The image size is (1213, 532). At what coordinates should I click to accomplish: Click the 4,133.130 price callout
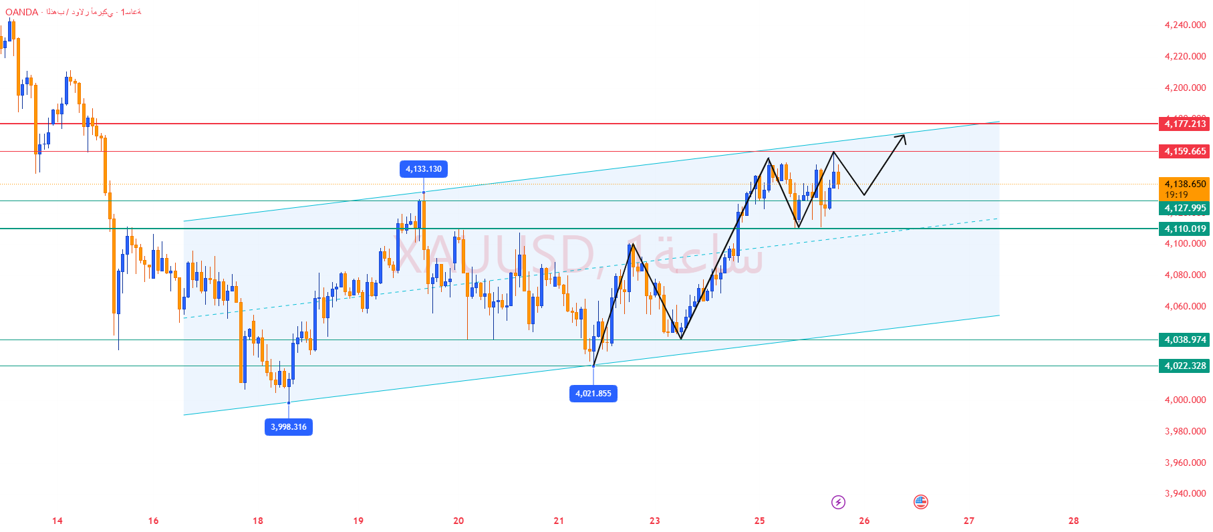click(424, 169)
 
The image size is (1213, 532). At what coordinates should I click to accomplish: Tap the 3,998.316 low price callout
click(289, 427)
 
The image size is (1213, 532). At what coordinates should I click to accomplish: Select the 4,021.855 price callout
click(593, 394)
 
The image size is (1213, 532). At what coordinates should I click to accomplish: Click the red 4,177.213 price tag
click(1184, 124)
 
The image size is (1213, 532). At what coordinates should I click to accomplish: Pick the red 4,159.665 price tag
click(1184, 151)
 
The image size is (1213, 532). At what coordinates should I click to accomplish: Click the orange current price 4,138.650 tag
click(1184, 184)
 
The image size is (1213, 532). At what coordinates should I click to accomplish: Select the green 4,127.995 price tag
click(1184, 208)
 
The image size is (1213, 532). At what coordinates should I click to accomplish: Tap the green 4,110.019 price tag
click(1184, 229)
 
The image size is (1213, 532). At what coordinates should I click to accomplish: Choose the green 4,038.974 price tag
click(1184, 340)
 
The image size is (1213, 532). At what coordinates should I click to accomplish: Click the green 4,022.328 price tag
click(1184, 366)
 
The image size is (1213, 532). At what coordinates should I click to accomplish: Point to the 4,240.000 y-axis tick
click(1185, 25)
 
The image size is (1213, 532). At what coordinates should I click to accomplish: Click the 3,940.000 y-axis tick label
click(1185, 493)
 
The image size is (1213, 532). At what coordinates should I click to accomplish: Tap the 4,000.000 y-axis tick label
click(1185, 400)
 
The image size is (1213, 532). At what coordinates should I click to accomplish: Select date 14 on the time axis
click(57, 521)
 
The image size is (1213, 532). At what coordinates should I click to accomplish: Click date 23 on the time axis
click(655, 521)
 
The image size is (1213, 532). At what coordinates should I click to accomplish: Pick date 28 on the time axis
click(1073, 521)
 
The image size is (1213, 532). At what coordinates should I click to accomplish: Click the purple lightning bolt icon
click(838, 502)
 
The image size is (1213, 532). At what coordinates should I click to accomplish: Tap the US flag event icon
click(921, 502)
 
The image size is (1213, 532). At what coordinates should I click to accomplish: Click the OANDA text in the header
click(22, 12)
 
